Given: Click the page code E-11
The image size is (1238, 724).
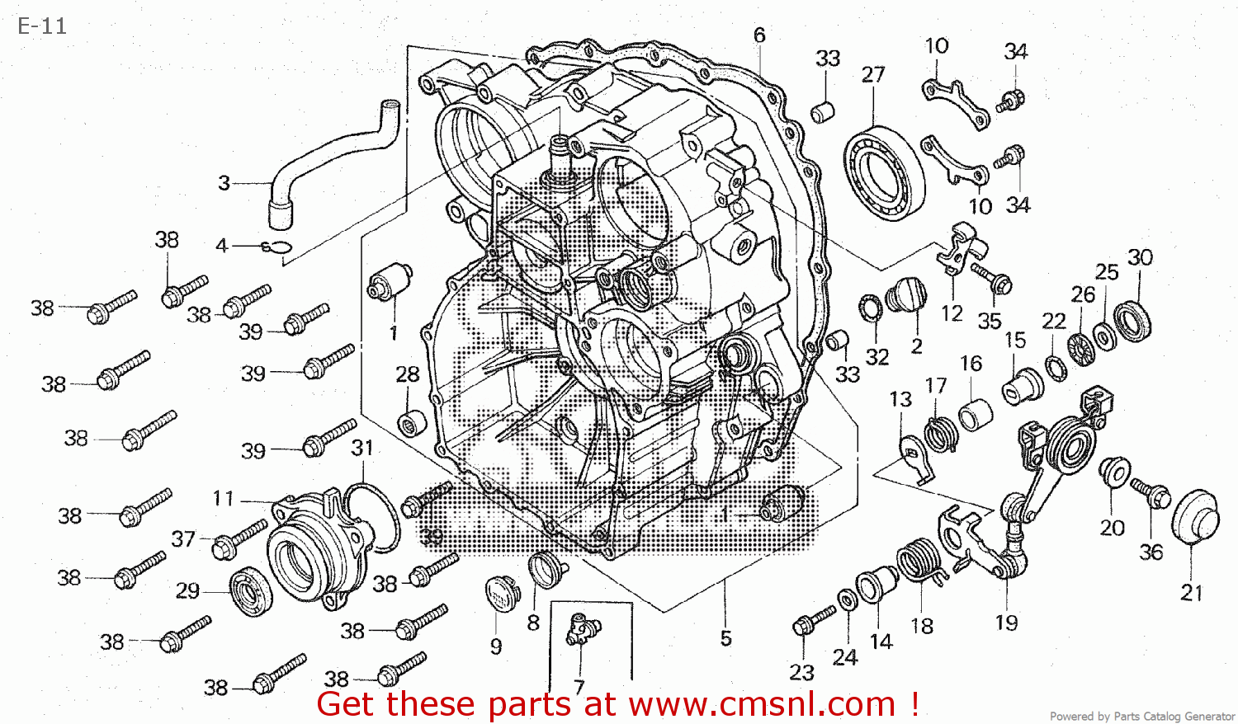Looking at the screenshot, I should pos(42,26).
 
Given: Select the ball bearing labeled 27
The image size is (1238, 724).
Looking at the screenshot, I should pos(883,173).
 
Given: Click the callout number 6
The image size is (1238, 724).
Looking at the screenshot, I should pos(759,35).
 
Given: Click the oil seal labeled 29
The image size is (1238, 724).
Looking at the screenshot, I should pos(249,591).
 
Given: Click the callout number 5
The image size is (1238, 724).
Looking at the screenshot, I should pos(725,638).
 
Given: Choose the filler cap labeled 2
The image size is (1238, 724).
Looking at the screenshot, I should pos(905,295).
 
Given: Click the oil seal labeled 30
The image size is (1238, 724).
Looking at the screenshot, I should pos(1132,322).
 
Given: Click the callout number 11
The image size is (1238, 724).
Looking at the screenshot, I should pos(223,499).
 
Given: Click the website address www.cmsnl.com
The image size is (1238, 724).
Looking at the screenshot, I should pos(761,705).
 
